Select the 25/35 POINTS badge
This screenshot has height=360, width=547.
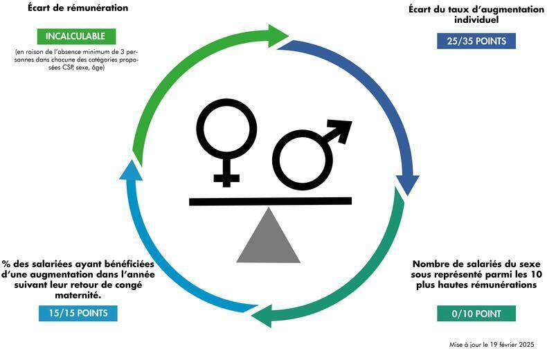pos(476,41)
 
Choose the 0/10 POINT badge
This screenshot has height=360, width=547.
pos(476,314)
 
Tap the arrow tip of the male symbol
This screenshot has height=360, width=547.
pos(343,127)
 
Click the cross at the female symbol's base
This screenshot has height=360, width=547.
pos(226,179)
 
